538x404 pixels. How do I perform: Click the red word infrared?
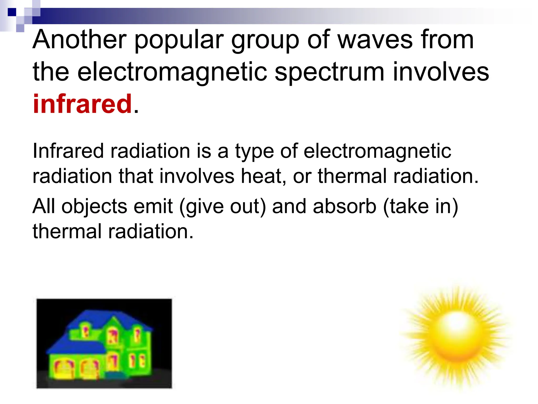(82, 104)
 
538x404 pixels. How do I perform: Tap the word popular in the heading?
(179, 41)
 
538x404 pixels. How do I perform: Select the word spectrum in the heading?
(329, 73)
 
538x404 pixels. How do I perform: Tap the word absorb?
(345, 206)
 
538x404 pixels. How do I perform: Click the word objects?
(95, 207)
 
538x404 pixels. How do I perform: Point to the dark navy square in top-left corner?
(12, 12)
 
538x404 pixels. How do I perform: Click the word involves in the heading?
(441, 72)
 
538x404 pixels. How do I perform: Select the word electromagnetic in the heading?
(172, 72)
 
